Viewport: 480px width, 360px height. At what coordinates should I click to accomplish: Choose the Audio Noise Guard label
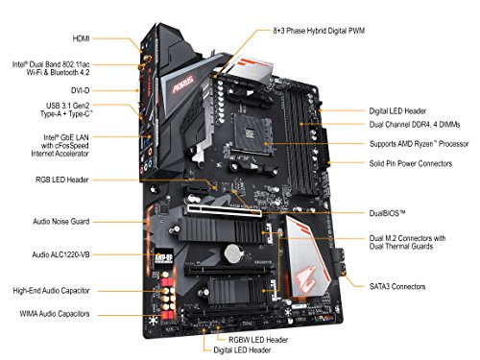click(60, 222)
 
